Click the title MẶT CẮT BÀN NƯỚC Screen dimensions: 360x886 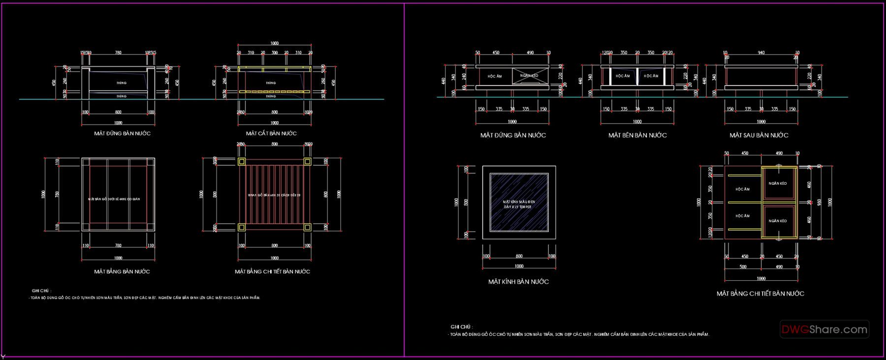point(271,133)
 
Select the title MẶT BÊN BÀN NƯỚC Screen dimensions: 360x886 point(637,135)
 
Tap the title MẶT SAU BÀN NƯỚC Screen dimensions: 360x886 point(759,135)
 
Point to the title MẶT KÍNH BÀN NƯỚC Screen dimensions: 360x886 point(518,282)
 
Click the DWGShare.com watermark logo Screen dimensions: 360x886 point(824,329)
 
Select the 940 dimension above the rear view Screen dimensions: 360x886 point(761,53)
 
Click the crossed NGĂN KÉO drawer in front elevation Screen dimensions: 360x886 point(529,76)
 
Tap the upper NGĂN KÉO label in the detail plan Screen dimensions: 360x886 point(778,184)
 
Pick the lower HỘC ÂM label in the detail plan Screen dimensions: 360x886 point(742,216)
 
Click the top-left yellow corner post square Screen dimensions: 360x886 point(241,162)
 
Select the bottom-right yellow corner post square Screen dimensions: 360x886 point(308,228)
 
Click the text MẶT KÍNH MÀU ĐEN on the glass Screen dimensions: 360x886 point(519,202)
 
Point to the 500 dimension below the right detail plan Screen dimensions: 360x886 point(743,267)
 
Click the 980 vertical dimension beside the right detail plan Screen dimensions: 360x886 point(819,202)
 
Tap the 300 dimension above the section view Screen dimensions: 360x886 point(275,53)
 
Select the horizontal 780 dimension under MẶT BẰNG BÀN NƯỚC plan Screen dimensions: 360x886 point(118,246)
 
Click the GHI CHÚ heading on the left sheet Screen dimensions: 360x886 point(41,291)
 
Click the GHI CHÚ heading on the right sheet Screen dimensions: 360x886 point(461,327)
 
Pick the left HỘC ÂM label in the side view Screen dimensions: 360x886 point(623,76)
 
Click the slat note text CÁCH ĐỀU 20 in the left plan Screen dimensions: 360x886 point(290,196)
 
